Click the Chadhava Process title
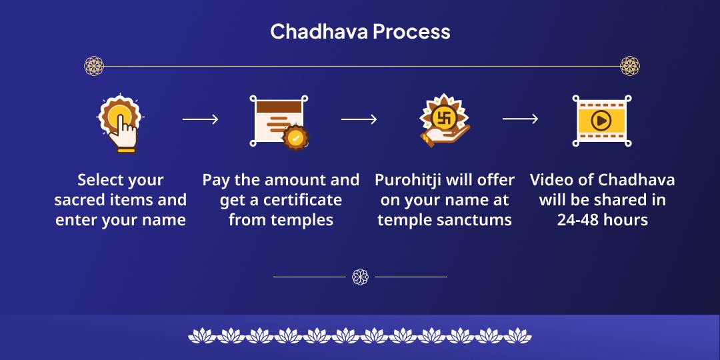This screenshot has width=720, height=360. [x=360, y=31]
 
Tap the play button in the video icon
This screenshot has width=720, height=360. [x=601, y=121]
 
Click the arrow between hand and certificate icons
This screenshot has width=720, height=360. [x=200, y=119]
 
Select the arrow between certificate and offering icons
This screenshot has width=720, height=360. [x=359, y=119]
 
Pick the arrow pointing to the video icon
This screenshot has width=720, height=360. [x=520, y=119]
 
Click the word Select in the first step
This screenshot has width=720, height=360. [x=101, y=180]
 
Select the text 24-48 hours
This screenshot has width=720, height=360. [x=602, y=220]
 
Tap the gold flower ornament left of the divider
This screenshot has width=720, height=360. [x=94, y=66]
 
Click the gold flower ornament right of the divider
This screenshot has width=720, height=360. [x=629, y=66]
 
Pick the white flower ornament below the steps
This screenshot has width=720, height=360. [x=360, y=276]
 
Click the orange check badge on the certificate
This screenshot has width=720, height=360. [x=295, y=138]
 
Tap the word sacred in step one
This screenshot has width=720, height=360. [x=80, y=200]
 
